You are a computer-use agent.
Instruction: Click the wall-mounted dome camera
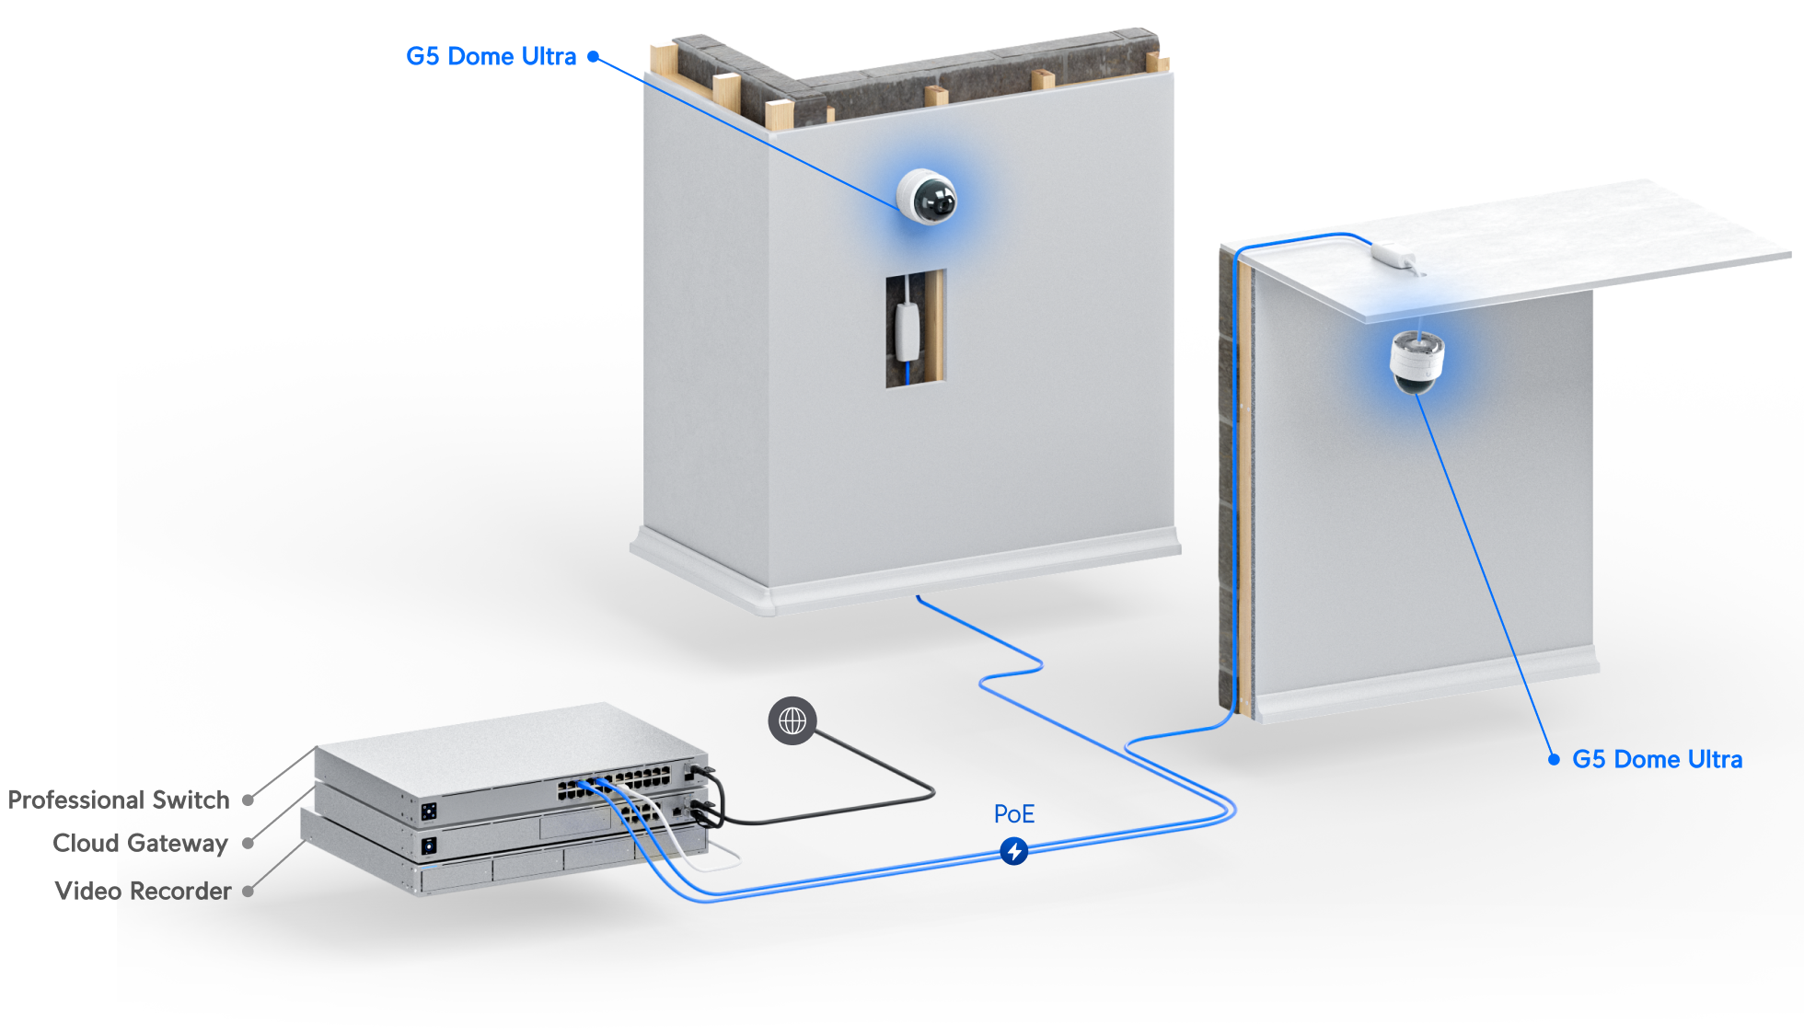tap(927, 196)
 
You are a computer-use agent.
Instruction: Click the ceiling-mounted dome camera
tap(1417, 361)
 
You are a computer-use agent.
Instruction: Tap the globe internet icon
tap(792, 720)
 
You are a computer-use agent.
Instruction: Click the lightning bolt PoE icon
tap(1014, 851)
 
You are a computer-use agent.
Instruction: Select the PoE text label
tap(1014, 814)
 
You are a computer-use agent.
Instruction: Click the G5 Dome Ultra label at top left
tap(491, 57)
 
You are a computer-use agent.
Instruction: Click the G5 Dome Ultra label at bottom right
tap(1657, 760)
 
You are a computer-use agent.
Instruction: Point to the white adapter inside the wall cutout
tap(908, 330)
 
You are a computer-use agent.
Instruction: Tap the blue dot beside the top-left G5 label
tap(594, 57)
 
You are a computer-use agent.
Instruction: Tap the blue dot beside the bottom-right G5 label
tap(1554, 760)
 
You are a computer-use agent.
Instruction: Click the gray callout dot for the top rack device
tap(248, 800)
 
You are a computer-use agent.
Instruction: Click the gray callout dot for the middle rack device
tap(248, 843)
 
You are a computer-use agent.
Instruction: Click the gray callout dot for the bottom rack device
tap(248, 891)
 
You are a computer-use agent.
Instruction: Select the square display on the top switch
tap(429, 811)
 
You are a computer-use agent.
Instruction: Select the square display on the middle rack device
tap(429, 845)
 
